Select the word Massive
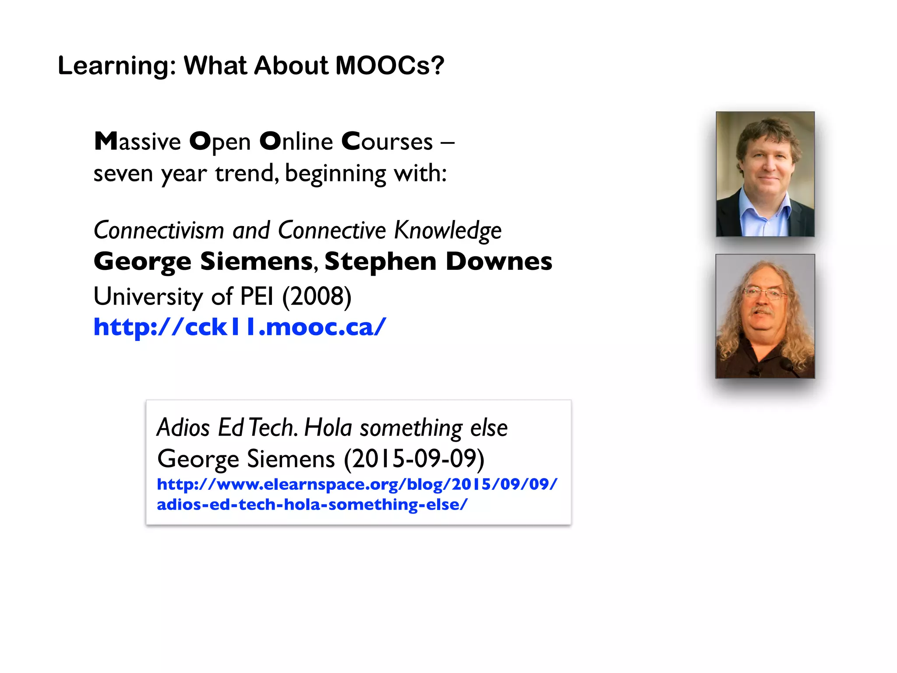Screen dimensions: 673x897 click(x=138, y=142)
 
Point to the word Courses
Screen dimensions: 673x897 click(x=387, y=142)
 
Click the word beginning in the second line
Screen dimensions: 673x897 click(x=335, y=174)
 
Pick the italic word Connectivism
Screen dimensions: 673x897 click(x=159, y=230)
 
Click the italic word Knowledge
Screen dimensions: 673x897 click(x=448, y=230)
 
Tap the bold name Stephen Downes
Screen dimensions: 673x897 click(x=438, y=262)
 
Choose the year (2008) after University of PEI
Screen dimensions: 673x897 click(x=317, y=297)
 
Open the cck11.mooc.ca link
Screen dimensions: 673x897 click(x=240, y=327)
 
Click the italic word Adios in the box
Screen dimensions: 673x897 click(x=183, y=428)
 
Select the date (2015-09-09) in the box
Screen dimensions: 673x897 click(x=414, y=459)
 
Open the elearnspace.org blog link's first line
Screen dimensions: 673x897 click(x=357, y=484)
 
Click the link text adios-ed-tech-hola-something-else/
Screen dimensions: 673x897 click(x=312, y=504)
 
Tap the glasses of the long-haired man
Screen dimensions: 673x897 click(x=764, y=293)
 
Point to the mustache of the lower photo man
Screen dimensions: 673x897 click(x=763, y=312)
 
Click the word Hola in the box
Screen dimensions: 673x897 click(x=328, y=428)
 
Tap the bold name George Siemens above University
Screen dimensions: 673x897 click(x=203, y=262)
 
